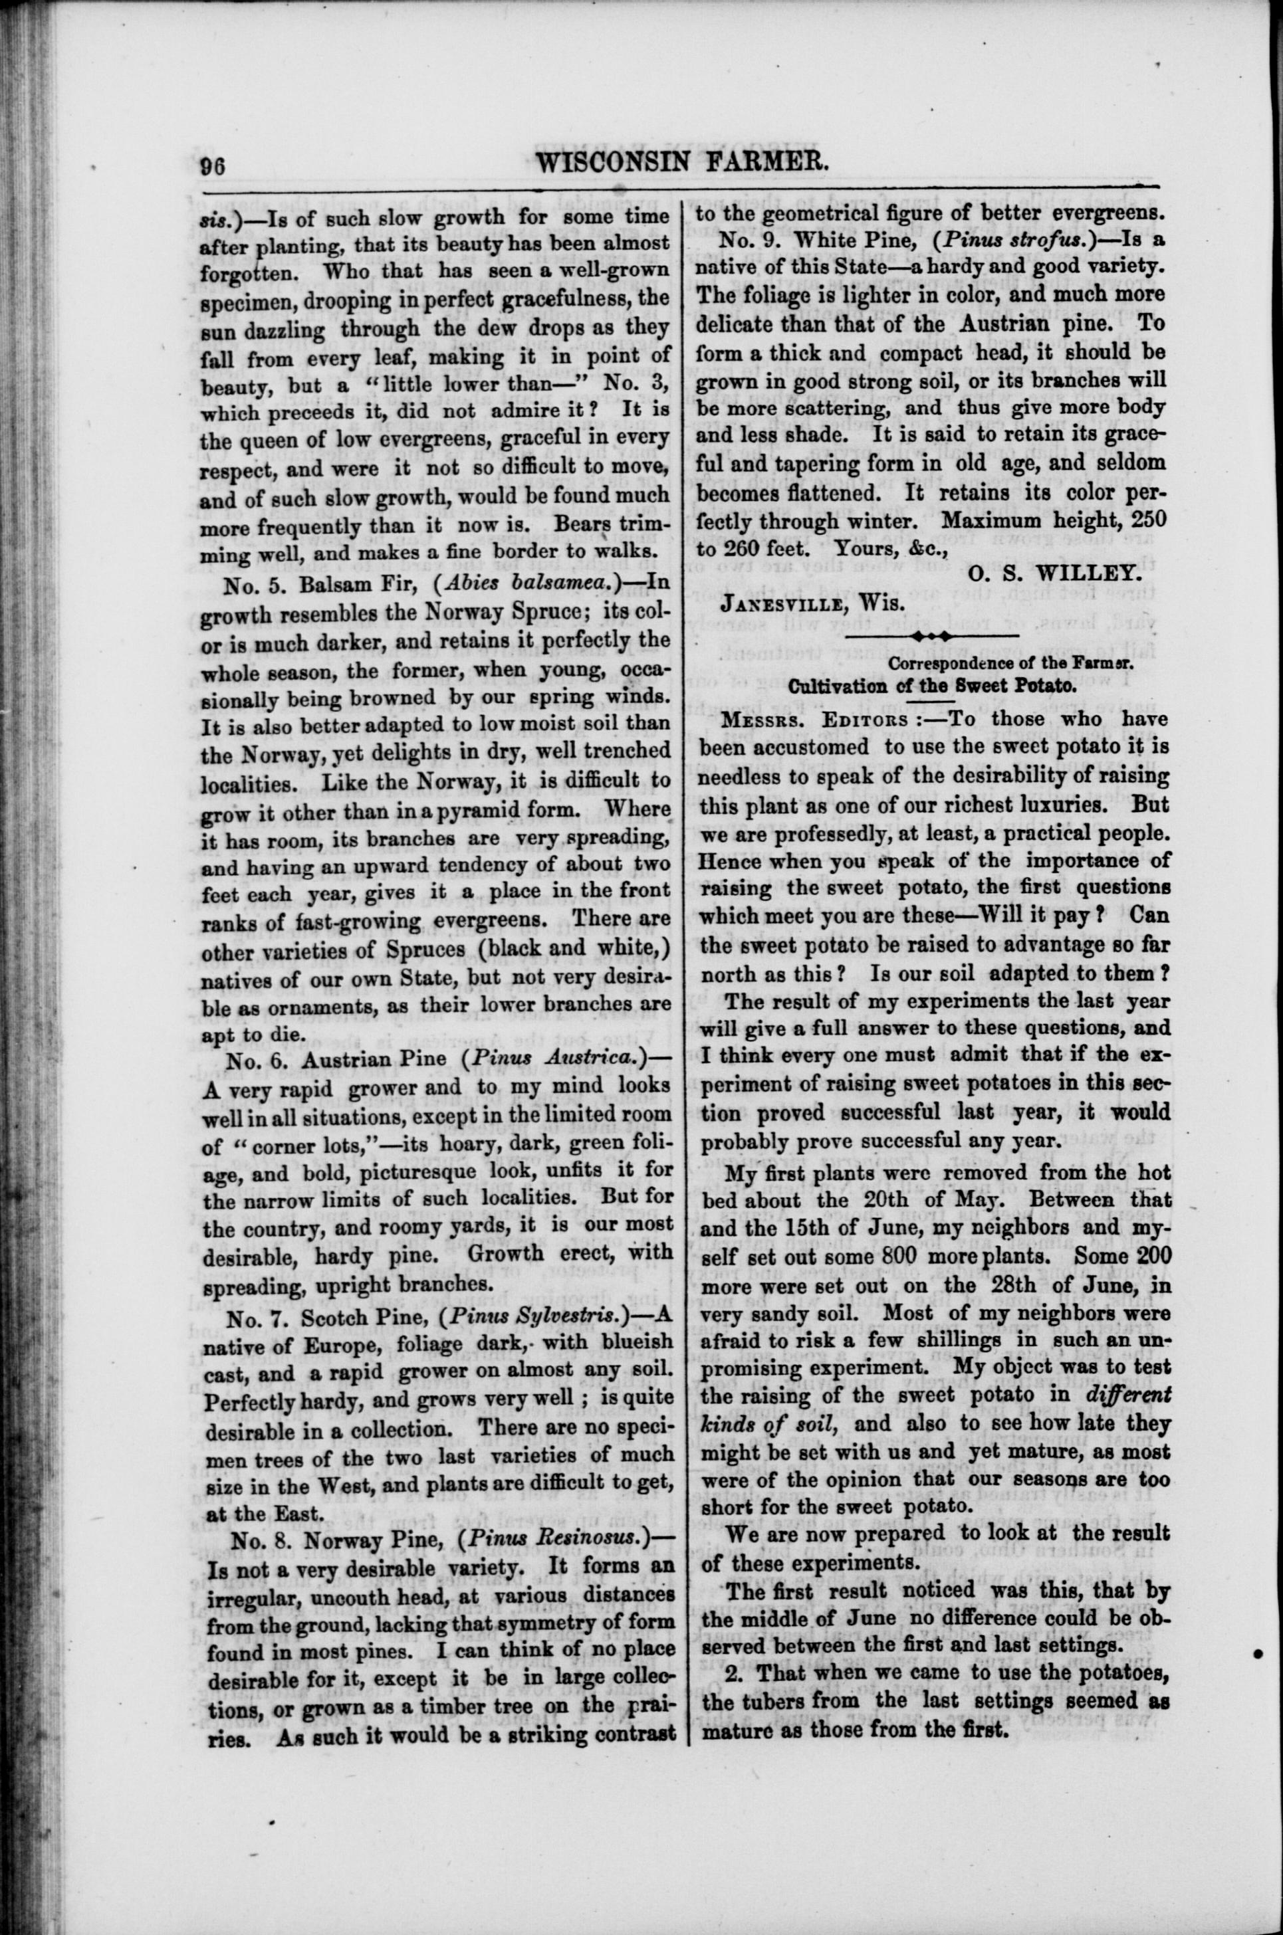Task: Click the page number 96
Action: click(x=213, y=166)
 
